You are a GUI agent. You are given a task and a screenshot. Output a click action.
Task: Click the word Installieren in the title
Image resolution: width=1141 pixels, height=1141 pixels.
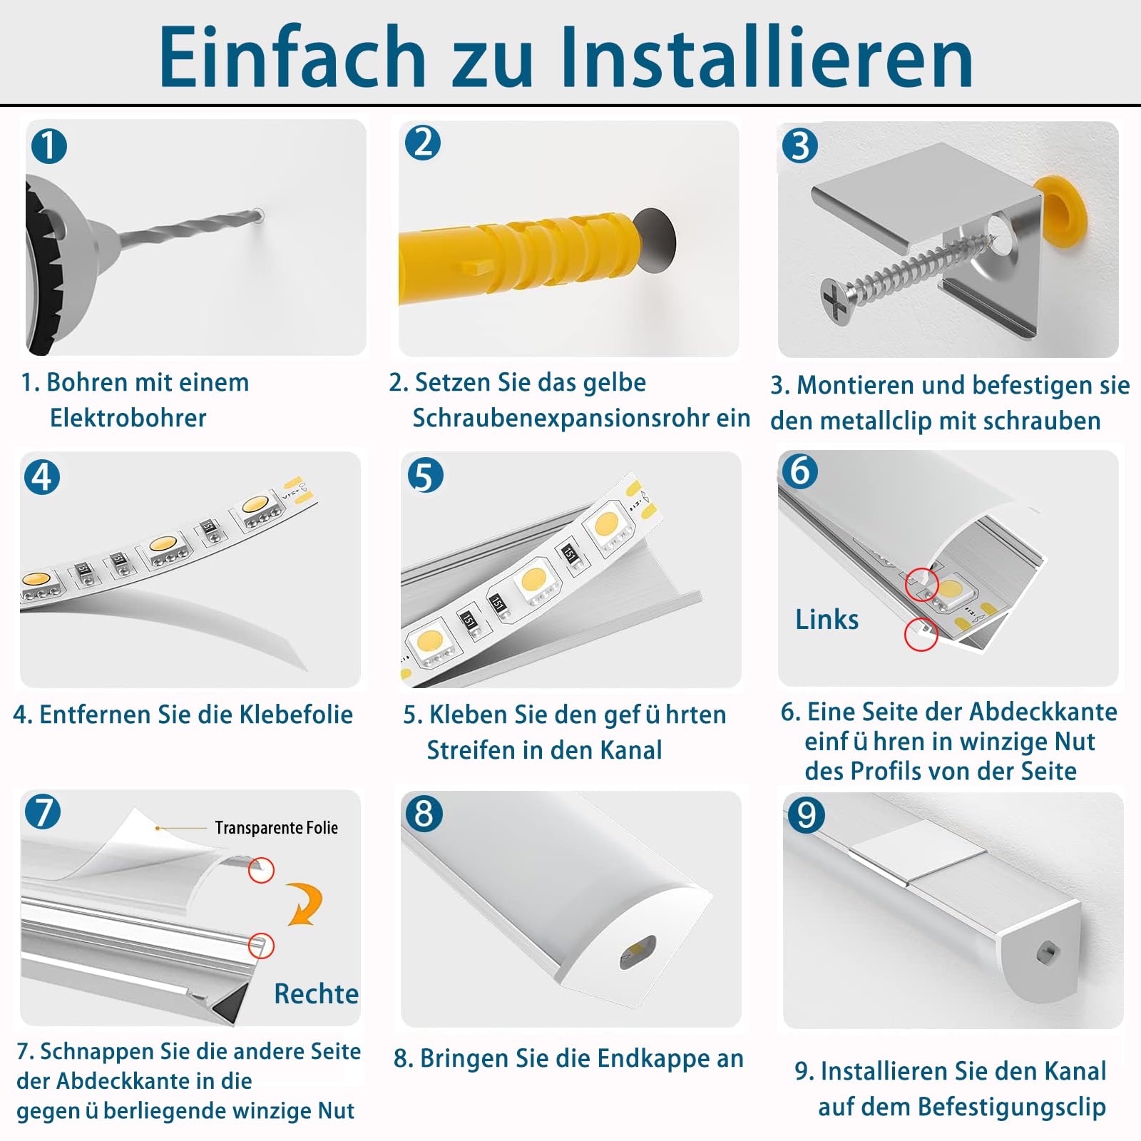click(x=767, y=57)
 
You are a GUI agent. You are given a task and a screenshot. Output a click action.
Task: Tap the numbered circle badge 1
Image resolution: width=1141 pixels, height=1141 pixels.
click(x=48, y=146)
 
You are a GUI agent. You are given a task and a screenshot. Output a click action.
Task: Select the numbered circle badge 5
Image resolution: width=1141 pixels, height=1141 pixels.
click(x=425, y=476)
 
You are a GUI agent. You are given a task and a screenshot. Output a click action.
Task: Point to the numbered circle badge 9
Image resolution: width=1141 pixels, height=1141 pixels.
click(x=807, y=815)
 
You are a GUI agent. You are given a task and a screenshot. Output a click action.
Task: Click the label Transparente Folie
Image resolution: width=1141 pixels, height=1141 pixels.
click(x=276, y=827)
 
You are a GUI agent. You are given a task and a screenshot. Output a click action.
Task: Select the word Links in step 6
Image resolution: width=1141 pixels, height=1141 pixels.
click(x=827, y=619)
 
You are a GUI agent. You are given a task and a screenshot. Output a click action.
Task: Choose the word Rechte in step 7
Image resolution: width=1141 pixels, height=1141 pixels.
click(x=316, y=993)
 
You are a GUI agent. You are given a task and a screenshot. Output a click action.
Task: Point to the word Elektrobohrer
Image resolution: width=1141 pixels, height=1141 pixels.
click(x=128, y=418)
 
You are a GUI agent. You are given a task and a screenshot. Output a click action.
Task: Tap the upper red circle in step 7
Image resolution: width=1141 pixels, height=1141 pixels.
click(x=261, y=870)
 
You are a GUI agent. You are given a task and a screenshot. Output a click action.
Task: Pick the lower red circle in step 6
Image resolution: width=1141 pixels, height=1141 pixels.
click(x=921, y=634)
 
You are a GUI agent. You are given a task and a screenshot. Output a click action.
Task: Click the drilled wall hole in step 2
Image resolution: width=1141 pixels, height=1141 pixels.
click(x=654, y=240)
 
